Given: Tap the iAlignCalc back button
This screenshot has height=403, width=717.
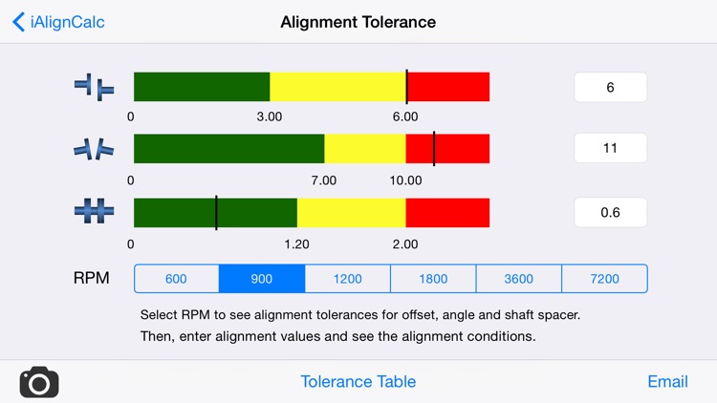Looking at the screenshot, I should tap(58, 22).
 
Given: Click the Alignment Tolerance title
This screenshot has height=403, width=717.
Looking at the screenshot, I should tap(358, 22).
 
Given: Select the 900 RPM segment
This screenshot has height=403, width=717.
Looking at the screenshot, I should tap(262, 279).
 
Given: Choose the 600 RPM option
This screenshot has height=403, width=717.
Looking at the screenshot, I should tap(176, 279).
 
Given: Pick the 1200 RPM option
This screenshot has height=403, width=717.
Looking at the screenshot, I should tap(347, 279).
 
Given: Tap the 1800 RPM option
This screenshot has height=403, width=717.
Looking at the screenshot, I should tap(433, 279).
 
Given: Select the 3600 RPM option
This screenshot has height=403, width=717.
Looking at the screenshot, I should tap(518, 279).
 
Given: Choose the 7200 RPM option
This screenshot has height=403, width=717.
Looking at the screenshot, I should tap(604, 279).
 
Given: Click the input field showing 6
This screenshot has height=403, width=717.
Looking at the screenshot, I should tap(610, 88).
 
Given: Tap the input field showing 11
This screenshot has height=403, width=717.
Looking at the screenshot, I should tap(610, 148).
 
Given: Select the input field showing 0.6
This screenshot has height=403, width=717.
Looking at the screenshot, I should tap(610, 212).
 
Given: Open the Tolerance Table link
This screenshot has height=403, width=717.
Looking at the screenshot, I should tap(358, 381).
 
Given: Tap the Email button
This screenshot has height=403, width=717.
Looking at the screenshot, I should tap(667, 381).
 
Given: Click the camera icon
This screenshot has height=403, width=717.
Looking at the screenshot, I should tap(39, 382).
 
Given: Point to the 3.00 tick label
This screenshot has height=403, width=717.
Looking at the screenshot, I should tap(269, 117).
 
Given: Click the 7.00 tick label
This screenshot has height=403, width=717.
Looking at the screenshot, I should tap(324, 180).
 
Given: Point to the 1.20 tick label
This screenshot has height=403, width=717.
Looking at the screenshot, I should tap(296, 244).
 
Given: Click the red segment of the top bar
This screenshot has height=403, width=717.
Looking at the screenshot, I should tap(449, 87).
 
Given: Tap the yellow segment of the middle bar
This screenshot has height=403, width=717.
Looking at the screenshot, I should tap(365, 149).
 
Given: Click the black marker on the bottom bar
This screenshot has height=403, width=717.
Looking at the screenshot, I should tap(216, 213).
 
